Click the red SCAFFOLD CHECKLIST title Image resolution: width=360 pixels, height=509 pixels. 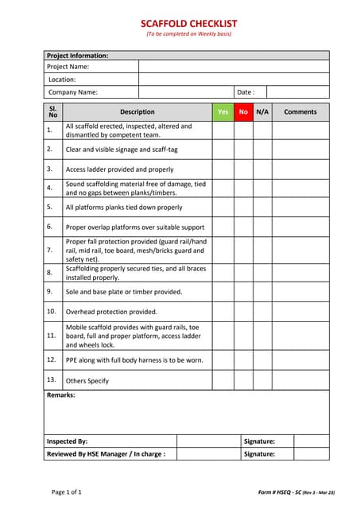coord(188,24)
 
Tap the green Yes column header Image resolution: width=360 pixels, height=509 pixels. coord(223,112)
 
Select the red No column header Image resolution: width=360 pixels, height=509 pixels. coord(243,112)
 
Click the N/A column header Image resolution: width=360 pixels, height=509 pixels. coord(262,112)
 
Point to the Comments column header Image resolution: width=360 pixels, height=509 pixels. coord(300,112)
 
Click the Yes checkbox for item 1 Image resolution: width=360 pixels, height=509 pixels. coord(223,130)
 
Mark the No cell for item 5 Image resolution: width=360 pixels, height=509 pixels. coord(243,208)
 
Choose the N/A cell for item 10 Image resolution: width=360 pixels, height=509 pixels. coord(262,312)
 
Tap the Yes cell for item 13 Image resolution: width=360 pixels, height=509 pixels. coord(223,380)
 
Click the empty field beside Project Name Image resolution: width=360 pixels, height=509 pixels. coord(234,67)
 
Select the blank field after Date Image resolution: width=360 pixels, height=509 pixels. coord(297,92)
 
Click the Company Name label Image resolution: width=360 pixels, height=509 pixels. coord(73,92)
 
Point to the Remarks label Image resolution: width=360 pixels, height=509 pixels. coord(61,395)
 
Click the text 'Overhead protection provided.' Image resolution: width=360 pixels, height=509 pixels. coord(111,312)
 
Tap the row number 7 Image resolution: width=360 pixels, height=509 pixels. coord(50,250)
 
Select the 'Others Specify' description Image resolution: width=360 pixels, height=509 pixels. coord(87,381)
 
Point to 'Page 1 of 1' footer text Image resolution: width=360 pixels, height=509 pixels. coord(67,492)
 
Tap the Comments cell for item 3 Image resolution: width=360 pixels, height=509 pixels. coord(300,169)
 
